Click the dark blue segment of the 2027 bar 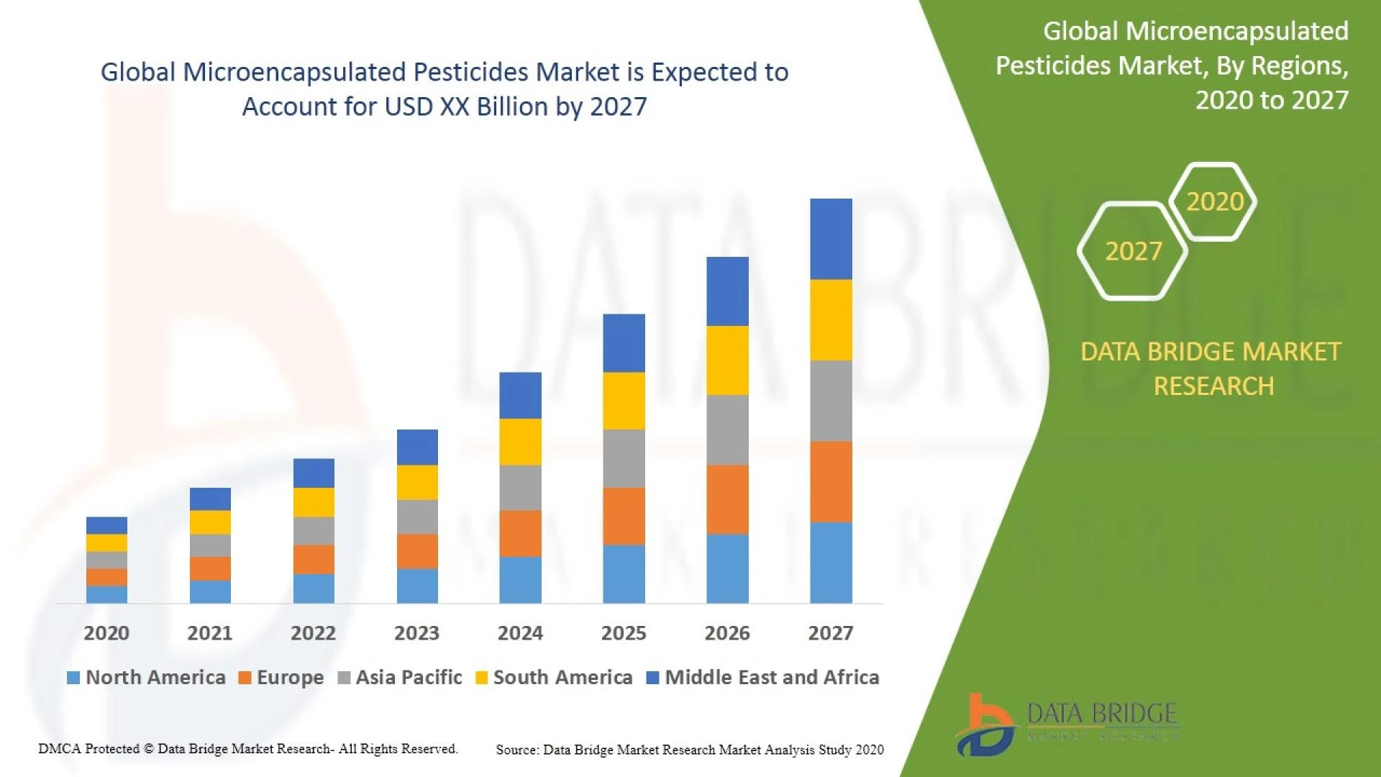[x=831, y=239]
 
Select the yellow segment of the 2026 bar [x=727, y=360]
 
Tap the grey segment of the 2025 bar [x=624, y=458]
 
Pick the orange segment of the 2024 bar [x=520, y=533]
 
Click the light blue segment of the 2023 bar [x=417, y=586]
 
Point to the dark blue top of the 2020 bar [x=106, y=525]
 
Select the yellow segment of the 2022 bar [x=314, y=502]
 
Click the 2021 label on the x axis [x=209, y=633]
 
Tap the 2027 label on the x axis [x=830, y=633]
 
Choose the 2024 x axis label [x=520, y=633]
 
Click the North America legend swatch [x=73, y=678]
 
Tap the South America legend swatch [x=482, y=678]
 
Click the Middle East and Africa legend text [x=772, y=678]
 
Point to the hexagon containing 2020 [x=1214, y=201]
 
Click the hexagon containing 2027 [x=1133, y=251]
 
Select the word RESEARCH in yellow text [x=1213, y=386]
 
